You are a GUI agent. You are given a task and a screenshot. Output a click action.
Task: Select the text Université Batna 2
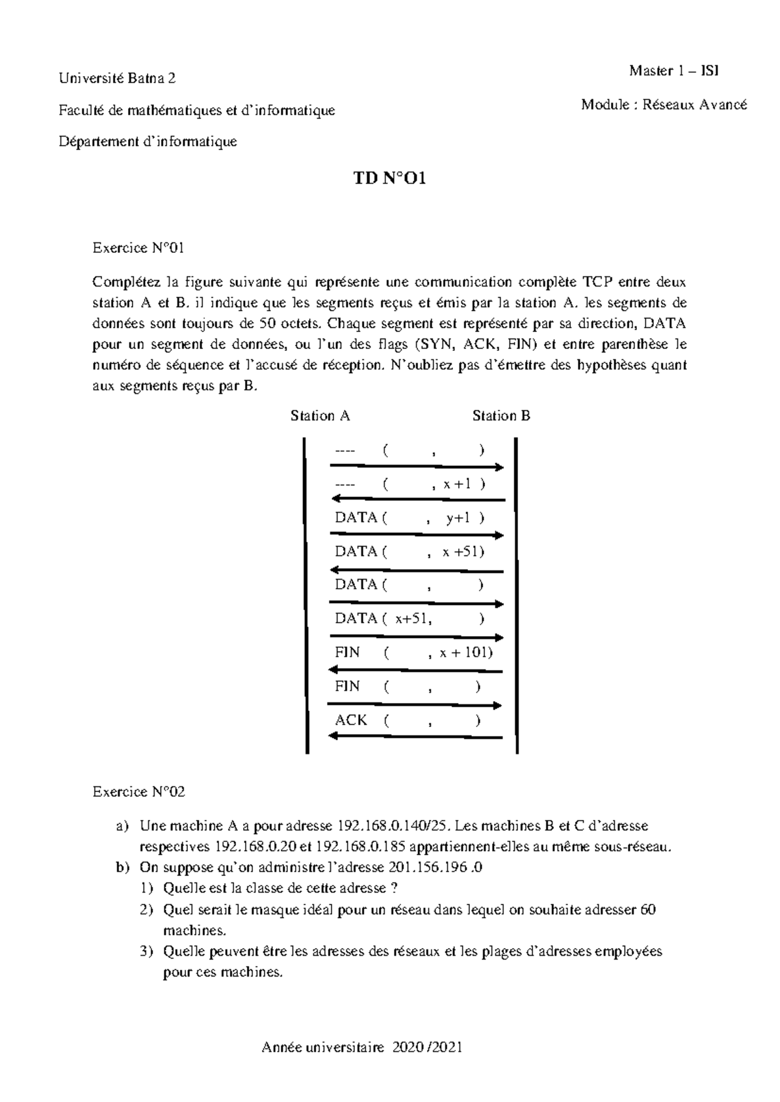[118, 79]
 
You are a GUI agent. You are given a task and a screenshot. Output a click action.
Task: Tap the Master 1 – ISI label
[673, 71]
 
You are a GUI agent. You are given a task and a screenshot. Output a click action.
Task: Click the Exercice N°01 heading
[139, 248]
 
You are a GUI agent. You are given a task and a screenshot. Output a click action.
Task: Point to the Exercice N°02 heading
[139, 791]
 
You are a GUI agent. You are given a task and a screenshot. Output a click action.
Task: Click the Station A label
[320, 416]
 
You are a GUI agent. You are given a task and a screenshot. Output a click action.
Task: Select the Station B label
[501, 416]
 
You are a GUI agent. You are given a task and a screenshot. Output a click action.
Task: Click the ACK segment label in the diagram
[351, 720]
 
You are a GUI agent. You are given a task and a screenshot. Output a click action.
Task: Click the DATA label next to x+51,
[356, 619]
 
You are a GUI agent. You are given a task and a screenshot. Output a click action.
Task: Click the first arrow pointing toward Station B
[417, 467]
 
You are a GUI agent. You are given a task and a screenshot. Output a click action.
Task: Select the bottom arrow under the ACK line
[416, 737]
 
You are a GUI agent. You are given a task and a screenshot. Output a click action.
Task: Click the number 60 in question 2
[647, 910]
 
